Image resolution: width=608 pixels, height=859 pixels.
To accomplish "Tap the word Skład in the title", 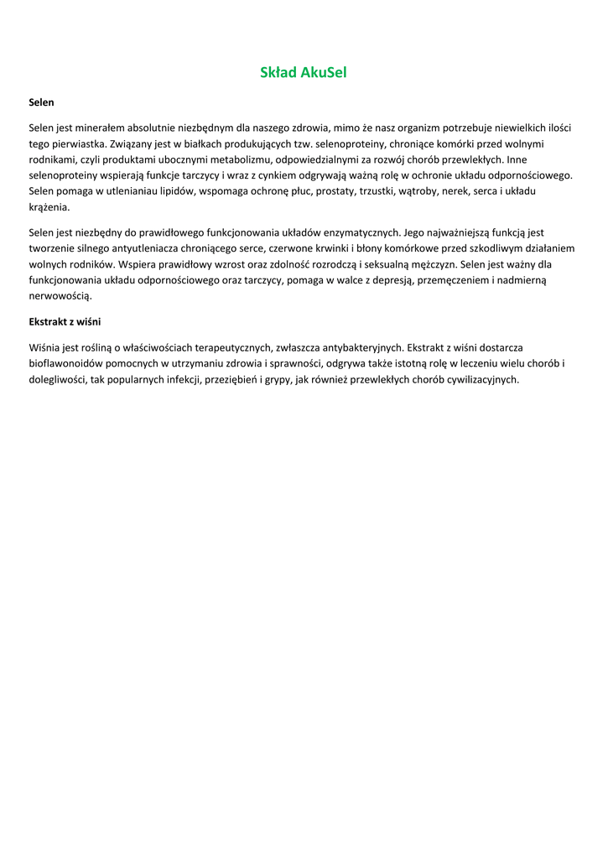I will click(279, 73).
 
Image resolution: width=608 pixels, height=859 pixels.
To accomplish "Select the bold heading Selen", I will click(41, 102).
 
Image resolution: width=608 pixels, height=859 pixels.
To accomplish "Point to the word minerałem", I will click(100, 128).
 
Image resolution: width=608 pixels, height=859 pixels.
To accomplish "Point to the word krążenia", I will click(49, 206).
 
